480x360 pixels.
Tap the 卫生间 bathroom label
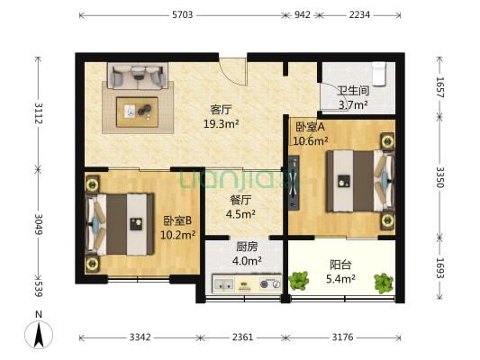[352, 91]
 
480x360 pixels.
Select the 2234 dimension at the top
[359, 14]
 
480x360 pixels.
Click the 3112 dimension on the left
[37, 113]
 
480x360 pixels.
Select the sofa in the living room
[138, 75]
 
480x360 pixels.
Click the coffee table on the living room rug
[138, 112]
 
